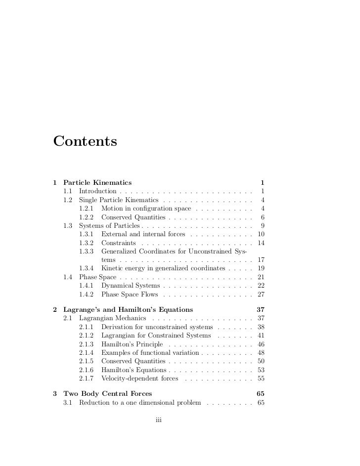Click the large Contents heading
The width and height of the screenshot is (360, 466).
coord(85,141)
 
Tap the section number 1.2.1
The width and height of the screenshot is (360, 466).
coord(87,209)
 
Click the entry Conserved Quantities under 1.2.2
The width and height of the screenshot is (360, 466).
coord(133,217)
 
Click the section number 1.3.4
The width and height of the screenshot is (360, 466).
coord(87,268)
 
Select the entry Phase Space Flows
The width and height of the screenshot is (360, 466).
coord(130,295)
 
